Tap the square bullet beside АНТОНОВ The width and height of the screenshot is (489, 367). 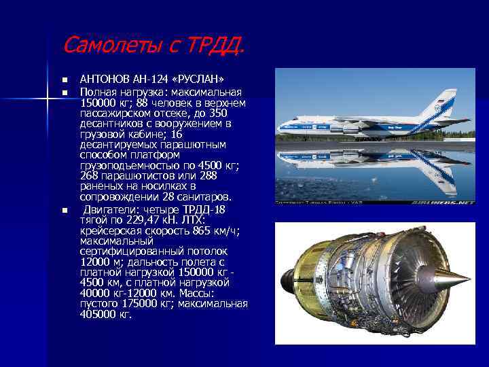[x=65, y=80]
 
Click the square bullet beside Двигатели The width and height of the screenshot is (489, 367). [x=65, y=210]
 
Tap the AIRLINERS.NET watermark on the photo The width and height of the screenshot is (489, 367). [x=444, y=202]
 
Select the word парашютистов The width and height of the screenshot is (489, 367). [x=136, y=176]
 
